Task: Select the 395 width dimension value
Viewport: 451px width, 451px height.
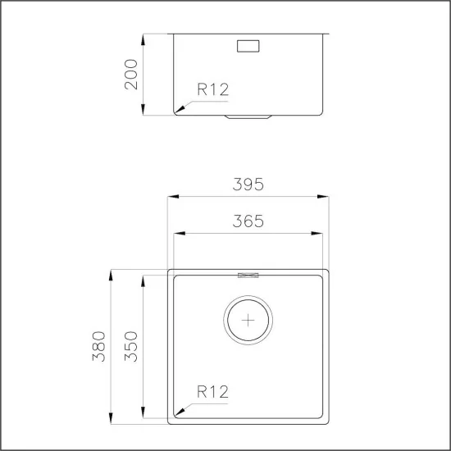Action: click(248, 185)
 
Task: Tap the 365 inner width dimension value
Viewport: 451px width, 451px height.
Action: click(248, 221)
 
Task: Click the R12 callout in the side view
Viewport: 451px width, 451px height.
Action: click(212, 91)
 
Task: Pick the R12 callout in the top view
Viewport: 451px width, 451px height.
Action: click(212, 392)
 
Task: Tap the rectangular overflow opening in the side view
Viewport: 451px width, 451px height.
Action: click(248, 46)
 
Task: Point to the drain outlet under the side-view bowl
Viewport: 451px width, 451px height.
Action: click(248, 117)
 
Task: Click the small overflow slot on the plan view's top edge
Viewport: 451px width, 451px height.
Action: click(248, 273)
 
